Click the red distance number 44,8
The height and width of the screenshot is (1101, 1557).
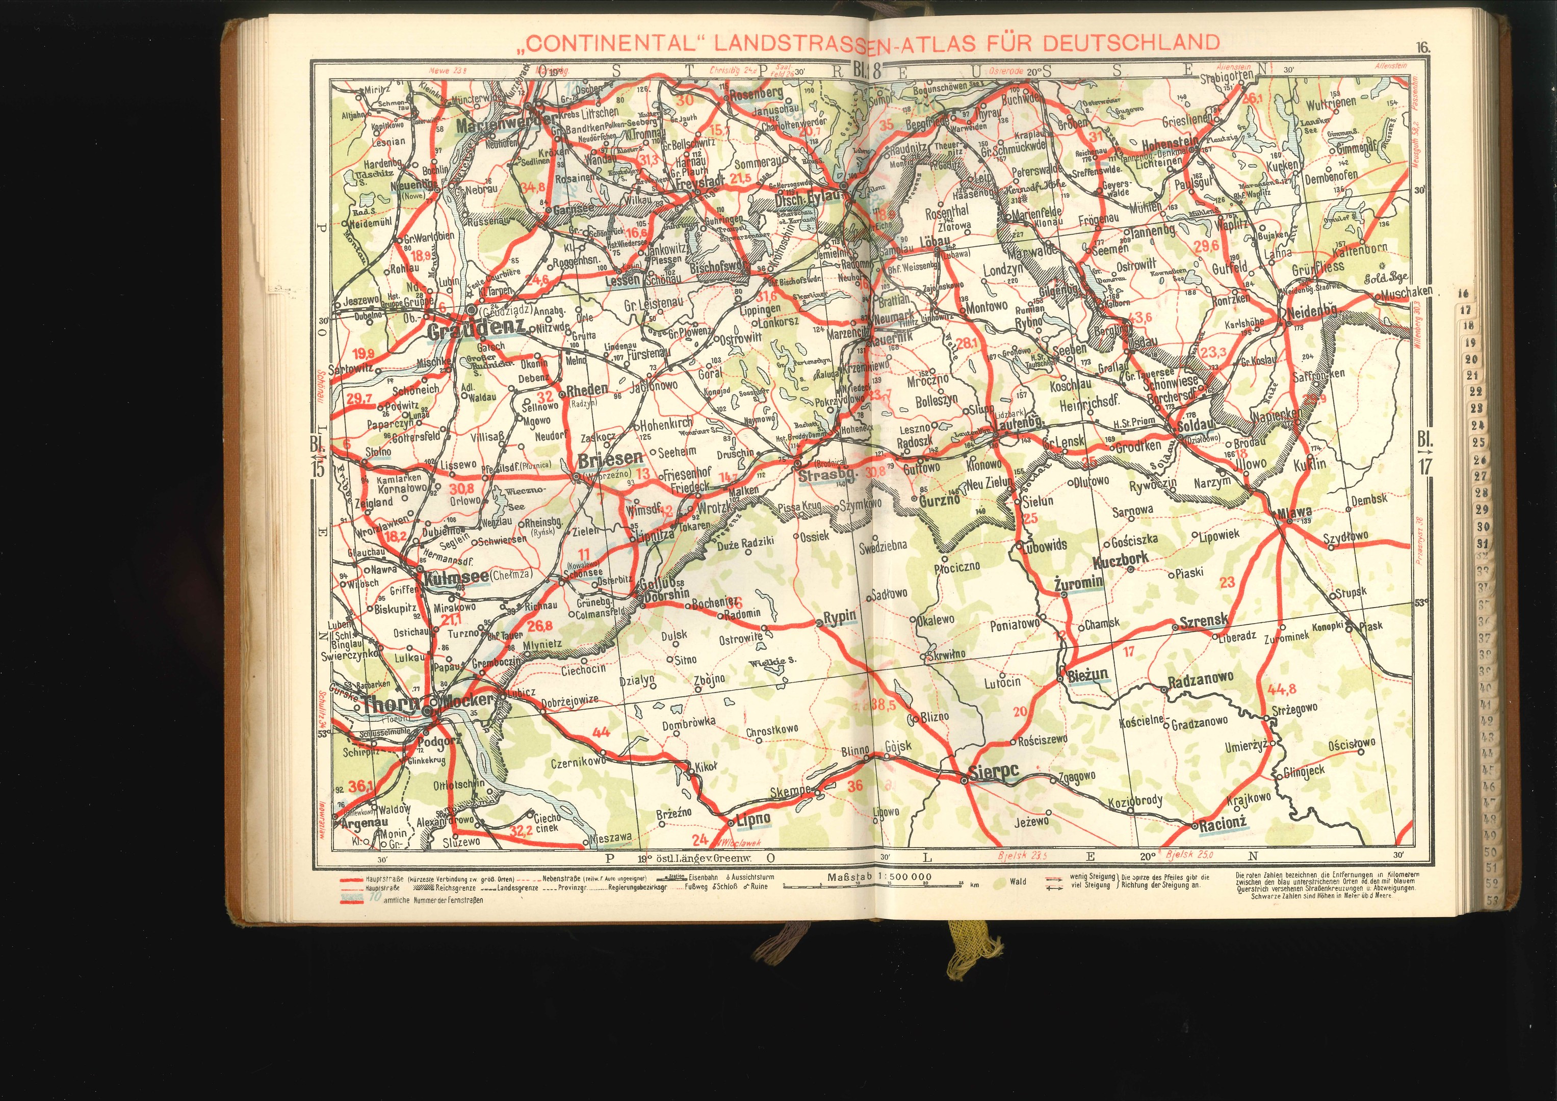tap(1281, 690)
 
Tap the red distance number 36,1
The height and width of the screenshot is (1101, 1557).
tap(361, 787)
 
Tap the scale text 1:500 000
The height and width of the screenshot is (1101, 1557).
tap(904, 877)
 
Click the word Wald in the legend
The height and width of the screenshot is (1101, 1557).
tap(1017, 882)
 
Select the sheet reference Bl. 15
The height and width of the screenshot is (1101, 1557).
tap(317, 458)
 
